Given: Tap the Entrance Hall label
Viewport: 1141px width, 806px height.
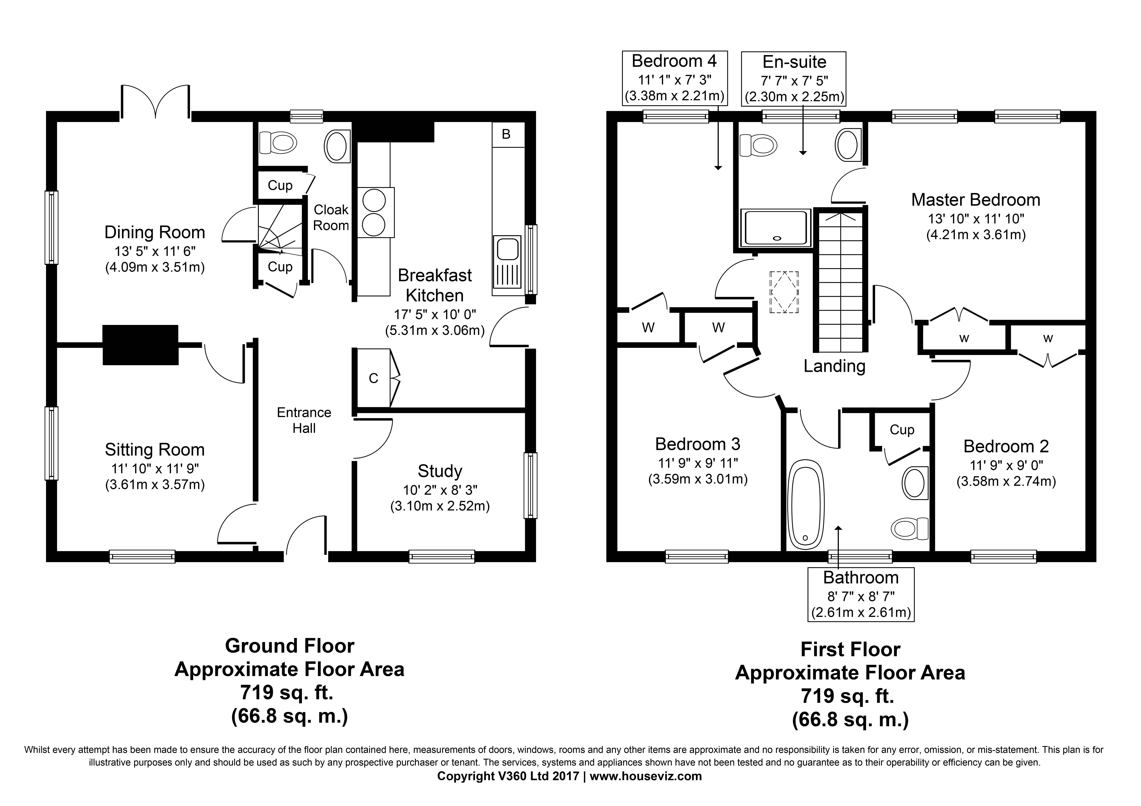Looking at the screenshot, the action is pos(304,420).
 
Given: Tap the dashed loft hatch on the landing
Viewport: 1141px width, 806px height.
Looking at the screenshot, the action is pos(784,292).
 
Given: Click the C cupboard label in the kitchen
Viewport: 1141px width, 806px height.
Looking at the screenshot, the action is pos(374,378).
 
